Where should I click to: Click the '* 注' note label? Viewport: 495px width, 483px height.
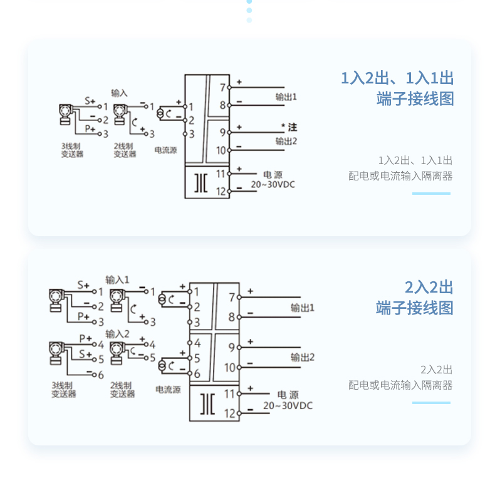click(289, 127)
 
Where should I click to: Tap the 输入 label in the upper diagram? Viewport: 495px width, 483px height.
click(119, 93)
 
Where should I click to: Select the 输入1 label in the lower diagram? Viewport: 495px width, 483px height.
click(117, 279)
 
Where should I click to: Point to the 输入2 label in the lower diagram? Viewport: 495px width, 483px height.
click(117, 333)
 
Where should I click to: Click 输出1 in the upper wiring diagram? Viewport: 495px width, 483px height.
click(286, 98)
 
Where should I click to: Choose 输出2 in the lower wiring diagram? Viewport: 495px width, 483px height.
click(302, 358)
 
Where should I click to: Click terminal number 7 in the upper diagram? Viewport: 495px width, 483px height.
click(222, 87)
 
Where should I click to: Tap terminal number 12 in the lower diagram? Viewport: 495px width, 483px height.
click(229, 413)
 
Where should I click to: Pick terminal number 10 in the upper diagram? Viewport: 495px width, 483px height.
click(221, 150)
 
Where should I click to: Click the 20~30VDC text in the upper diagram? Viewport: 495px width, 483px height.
click(273, 185)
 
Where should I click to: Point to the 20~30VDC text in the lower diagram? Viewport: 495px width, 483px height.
click(288, 406)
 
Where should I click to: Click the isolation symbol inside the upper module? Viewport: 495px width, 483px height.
click(201, 182)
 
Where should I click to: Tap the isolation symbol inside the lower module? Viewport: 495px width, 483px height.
click(207, 404)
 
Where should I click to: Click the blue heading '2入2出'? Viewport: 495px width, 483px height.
click(429, 288)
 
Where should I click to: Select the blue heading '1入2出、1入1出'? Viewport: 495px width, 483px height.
click(397, 78)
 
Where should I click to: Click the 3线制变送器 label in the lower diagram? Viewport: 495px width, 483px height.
click(63, 389)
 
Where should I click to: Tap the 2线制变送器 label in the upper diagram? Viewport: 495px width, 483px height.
click(125, 150)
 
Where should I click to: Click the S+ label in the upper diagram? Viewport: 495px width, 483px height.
click(90, 100)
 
